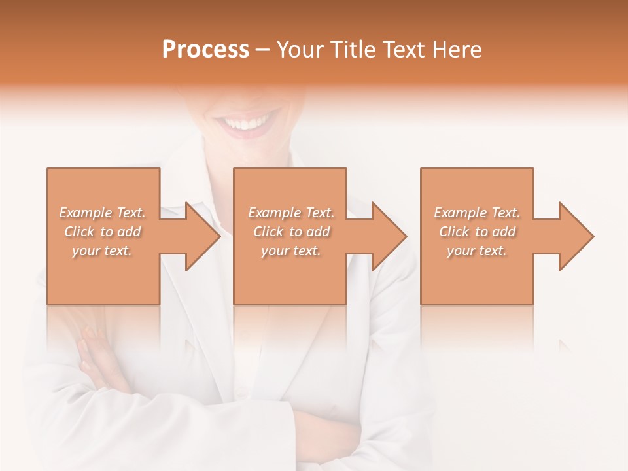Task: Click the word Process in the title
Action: (x=205, y=50)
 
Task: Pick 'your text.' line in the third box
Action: (x=477, y=251)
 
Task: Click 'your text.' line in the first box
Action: (x=102, y=251)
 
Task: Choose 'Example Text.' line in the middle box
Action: (x=291, y=213)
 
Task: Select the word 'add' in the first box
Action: (x=129, y=232)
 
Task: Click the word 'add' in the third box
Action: (x=504, y=232)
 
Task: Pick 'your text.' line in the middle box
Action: (x=290, y=251)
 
